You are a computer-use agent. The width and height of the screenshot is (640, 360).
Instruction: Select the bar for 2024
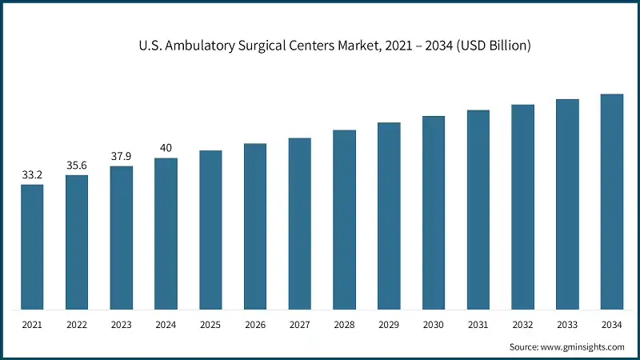[x=166, y=234]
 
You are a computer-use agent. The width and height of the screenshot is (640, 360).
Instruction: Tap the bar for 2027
[x=300, y=223]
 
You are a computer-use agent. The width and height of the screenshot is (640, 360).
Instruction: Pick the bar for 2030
[x=434, y=213]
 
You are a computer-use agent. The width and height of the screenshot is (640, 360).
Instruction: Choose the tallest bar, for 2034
[x=612, y=202]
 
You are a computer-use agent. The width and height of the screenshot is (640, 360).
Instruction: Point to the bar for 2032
[x=522, y=206]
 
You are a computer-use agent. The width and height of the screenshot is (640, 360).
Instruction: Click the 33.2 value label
[x=32, y=174]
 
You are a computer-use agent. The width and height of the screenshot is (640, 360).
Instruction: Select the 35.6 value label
[x=77, y=165]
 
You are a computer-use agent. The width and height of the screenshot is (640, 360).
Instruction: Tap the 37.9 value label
[x=122, y=156]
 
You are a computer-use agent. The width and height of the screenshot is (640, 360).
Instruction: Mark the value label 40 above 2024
[x=166, y=148]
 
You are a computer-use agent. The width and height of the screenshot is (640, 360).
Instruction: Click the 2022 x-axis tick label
[x=77, y=325]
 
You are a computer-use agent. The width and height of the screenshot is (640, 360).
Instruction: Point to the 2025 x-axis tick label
[x=210, y=325]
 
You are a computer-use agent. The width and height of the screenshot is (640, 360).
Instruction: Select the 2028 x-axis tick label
[x=344, y=325]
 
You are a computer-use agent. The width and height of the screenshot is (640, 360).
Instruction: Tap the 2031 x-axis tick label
[x=478, y=325]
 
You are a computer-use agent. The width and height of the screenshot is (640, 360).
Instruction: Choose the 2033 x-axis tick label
[x=567, y=325]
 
